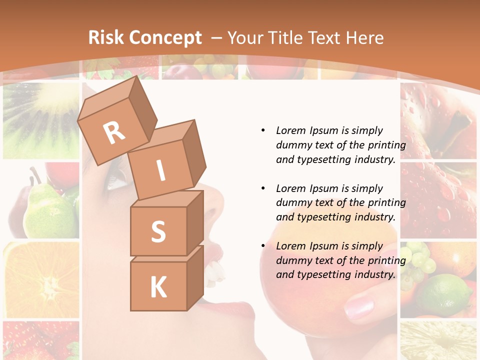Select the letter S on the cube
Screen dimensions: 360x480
pyautogui.click(x=158, y=232)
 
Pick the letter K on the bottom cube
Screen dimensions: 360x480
pyautogui.click(x=158, y=287)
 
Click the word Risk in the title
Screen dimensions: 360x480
pyautogui.click(x=106, y=38)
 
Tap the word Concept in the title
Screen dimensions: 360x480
pyautogui.click(x=165, y=38)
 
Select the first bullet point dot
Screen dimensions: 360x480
pyautogui.click(x=263, y=130)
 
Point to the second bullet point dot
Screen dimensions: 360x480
pyautogui.click(x=263, y=188)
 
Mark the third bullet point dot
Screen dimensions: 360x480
pyautogui.click(x=263, y=246)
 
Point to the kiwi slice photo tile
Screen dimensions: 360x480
pyautogui.click(x=41, y=120)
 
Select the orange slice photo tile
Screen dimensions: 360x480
pyautogui.click(x=41, y=280)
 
